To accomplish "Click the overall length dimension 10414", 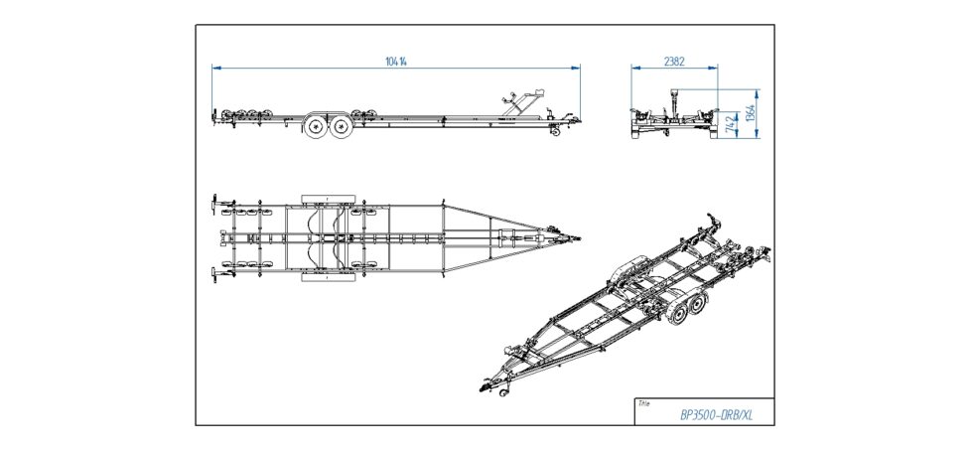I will [x=397, y=61].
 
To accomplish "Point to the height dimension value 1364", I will [x=751, y=111].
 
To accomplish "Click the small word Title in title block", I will [x=645, y=403].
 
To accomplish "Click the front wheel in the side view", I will [x=341, y=127].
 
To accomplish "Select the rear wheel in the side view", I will [x=316, y=127].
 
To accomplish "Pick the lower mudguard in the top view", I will [x=328, y=278].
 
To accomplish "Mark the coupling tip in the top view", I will [x=578, y=238].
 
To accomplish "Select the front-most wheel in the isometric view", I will [x=677, y=314].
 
